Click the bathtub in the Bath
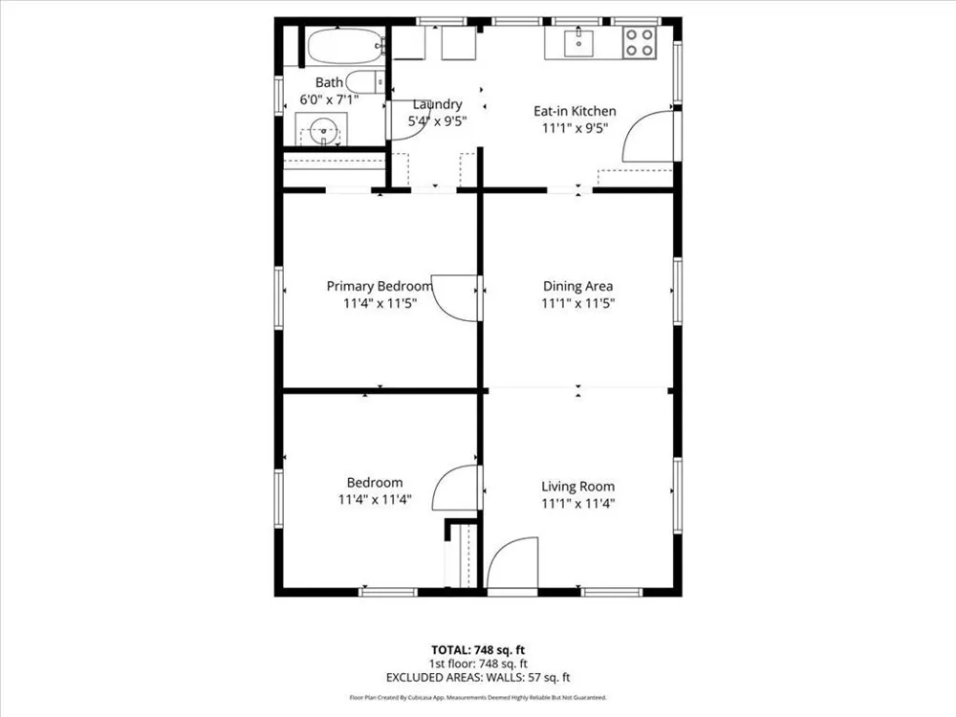[345, 46]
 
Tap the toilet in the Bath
[364, 81]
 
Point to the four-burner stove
[640, 43]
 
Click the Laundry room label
[437, 104]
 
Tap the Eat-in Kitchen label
[575, 111]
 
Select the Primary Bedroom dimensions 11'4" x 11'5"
[380, 303]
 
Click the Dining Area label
[578, 286]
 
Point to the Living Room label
[578, 487]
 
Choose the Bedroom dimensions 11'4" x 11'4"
[375, 499]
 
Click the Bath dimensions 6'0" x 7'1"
[329, 99]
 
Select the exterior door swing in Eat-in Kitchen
[647, 136]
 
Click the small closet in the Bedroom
[461, 554]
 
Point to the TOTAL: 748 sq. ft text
[478, 650]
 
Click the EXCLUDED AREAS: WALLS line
[478, 678]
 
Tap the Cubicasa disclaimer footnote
[478, 698]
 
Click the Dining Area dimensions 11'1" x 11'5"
[578, 303]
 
